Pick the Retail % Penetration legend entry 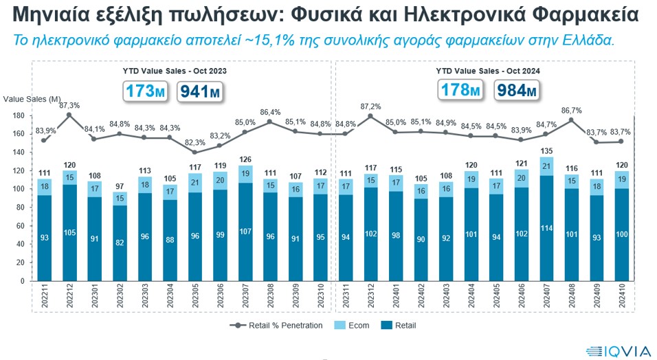pos(278,325)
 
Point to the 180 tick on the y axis pos(19,115)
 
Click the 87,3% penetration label pos(69,106)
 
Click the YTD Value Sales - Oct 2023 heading pos(175,71)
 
